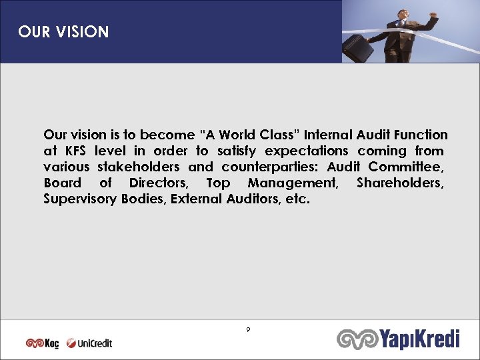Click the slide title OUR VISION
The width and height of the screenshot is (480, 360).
pos(63,32)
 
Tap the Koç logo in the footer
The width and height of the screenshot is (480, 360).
pos(42,343)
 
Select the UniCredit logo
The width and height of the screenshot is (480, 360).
pos(89,343)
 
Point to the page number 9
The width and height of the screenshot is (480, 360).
pos(248,329)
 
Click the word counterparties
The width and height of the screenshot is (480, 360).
pos(269,167)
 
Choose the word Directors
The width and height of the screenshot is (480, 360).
pos(159,183)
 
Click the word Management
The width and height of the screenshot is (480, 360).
pos(293,183)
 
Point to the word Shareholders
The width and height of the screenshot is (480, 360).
pos(399,183)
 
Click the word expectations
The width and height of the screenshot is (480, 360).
pos(307,151)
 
